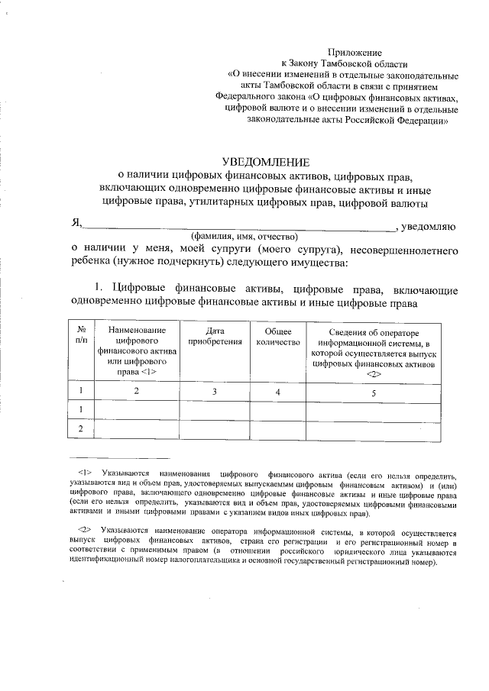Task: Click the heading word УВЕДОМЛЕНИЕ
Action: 267,162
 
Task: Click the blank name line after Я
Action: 237,227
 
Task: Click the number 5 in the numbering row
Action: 374,392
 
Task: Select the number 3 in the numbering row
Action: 215,392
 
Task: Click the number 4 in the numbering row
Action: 278,392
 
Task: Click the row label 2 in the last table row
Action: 80,429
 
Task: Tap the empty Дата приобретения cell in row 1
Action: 215,411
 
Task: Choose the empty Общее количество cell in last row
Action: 278,429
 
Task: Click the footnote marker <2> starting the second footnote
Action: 85,530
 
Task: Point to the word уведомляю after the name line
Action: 429,224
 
